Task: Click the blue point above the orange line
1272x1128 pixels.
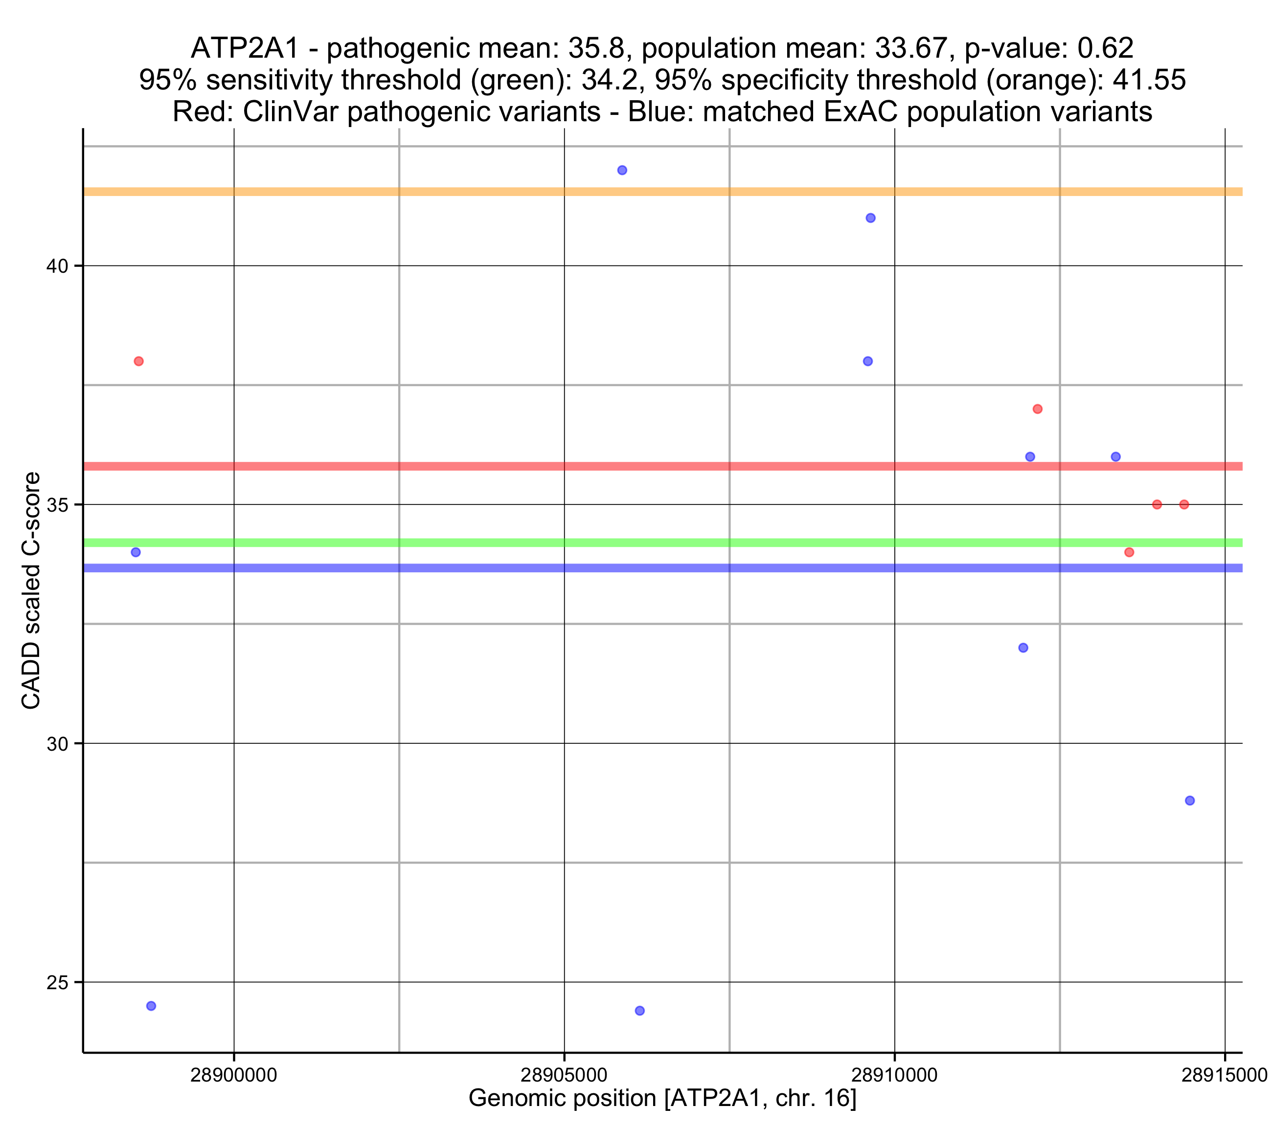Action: pyautogui.click(x=622, y=171)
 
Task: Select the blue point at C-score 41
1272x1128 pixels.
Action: pyautogui.click(x=871, y=217)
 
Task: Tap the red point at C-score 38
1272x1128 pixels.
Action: pyautogui.click(x=139, y=361)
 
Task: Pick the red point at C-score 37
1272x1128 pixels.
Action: pyautogui.click(x=1037, y=409)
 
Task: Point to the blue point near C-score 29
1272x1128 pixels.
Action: pyautogui.click(x=1190, y=800)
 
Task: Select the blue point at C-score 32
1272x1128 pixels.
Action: pyautogui.click(x=1023, y=648)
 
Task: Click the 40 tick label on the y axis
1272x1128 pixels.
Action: pyautogui.click(x=57, y=266)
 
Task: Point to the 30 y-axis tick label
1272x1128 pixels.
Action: pyautogui.click(x=57, y=744)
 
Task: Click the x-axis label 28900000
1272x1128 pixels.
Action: pyautogui.click(x=233, y=1075)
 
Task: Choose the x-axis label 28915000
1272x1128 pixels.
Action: pyautogui.click(x=1224, y=1075)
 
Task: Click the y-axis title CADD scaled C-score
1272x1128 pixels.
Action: pyautogui.click(x=31, y=591)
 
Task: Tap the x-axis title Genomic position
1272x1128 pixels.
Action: pyautogui.click(x=662, y=1099)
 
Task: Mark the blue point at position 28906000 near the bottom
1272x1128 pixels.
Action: pyautogui.click(x=640, y=1011)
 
